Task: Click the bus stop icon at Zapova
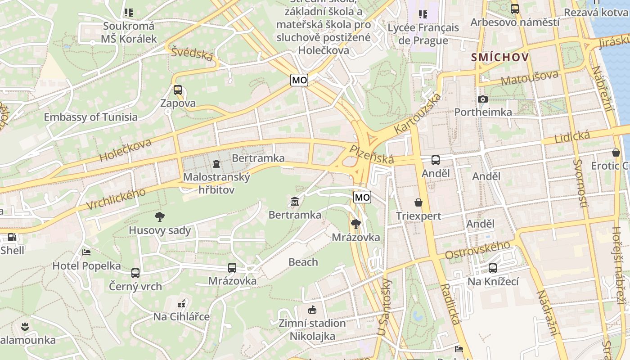(178, 90)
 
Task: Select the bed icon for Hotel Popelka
(86, 252)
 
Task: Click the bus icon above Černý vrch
(135, 273)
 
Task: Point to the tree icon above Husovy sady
(159, 217)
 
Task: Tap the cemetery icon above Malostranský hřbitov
(216, 163)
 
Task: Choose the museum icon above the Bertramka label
(295, 201)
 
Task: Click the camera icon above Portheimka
(483, 99)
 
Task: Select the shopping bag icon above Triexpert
(418, 202)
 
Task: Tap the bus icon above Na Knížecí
(493, 268)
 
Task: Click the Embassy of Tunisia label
(90, 117)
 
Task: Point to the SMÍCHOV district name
(499, 58)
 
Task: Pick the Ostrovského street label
(477, 250)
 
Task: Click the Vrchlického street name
(116, 199)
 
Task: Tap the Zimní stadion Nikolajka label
(312, 329)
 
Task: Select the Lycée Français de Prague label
(423, 34)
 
